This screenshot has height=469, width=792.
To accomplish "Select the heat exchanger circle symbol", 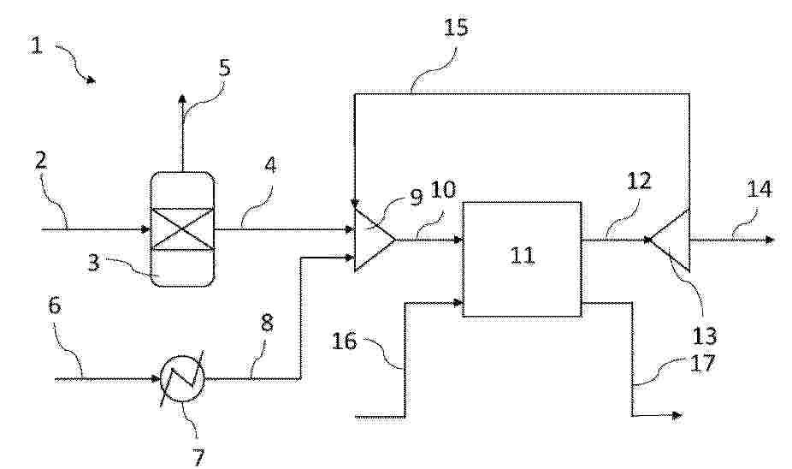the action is (x=182, y=379).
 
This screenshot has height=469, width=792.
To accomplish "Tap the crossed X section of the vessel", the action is (x=183, y=229).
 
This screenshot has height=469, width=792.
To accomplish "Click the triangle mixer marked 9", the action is (x=374, y=240).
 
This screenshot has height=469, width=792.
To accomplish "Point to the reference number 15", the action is (x=456, y=27).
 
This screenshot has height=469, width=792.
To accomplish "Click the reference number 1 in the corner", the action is (x=37, y=45).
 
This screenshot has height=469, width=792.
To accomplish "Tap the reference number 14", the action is (x=759, y=189).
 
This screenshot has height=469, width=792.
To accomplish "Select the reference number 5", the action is (x=225, y=68).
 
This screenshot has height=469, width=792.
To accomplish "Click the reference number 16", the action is (x=345, y=341).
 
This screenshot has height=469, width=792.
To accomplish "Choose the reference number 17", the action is (x=703, y=362).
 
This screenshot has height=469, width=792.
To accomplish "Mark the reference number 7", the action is (x=198, y=458).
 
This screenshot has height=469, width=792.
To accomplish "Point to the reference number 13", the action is (x=705, y=335).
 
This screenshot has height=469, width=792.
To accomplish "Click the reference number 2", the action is (x=40, y=161).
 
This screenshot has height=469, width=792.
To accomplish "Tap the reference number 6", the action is (x=55, y=306).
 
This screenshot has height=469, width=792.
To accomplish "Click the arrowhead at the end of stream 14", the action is (x=770, y=239).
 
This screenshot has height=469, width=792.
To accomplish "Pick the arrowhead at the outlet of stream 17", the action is (x=677, y=415).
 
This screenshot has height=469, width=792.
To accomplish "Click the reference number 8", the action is (x=267, y=324).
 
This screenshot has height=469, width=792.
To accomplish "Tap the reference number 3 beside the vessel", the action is (x=93, y=264).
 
